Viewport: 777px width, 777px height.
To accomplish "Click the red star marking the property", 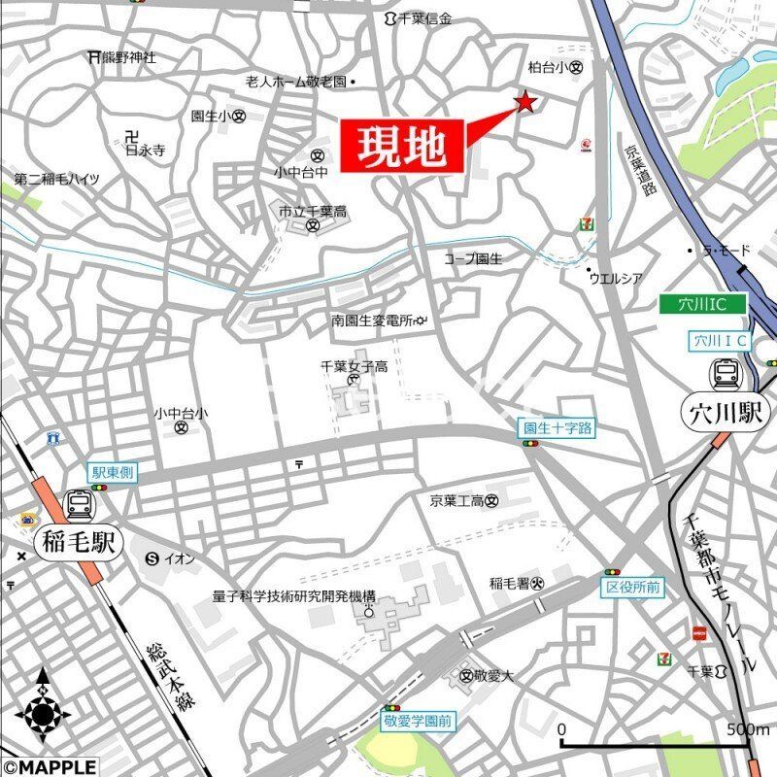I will coord(525,102).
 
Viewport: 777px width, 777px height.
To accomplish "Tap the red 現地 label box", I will coord(401,148).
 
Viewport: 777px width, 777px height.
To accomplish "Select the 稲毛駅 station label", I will coord(78,542).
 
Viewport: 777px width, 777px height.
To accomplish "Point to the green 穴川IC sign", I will coord(703,305).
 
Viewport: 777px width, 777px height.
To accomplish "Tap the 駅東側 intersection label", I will coord(114,472).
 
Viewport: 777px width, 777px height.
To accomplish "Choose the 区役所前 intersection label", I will coord(632,588).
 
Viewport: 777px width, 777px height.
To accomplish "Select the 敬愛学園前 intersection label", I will coord(418,722).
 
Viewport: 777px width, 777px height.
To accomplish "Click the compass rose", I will coord(43,715).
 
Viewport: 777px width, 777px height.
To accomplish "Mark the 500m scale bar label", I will coord(748,729).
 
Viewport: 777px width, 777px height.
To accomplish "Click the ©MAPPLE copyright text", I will coord(49,767).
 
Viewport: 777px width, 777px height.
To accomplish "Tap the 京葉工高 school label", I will coord(457,501).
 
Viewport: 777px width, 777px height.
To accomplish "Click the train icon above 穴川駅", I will coord(726,373).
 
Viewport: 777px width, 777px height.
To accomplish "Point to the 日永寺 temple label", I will coord(146,151).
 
